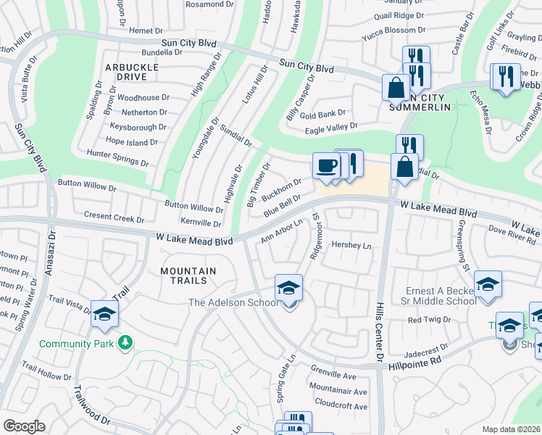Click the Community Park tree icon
point(126,341)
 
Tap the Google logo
point(24,426)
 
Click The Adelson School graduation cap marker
point(288,289)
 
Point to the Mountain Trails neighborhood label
point(188,275)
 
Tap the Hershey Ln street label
point(351,246)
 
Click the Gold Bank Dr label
point(323,114)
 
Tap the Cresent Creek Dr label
point(114,216)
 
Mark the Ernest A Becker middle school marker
point(488,285)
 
